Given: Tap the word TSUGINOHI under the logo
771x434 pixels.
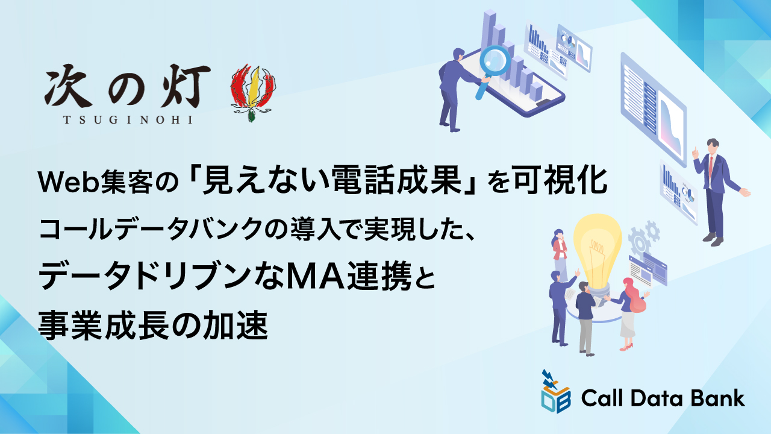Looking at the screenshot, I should [x=128, y=119].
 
